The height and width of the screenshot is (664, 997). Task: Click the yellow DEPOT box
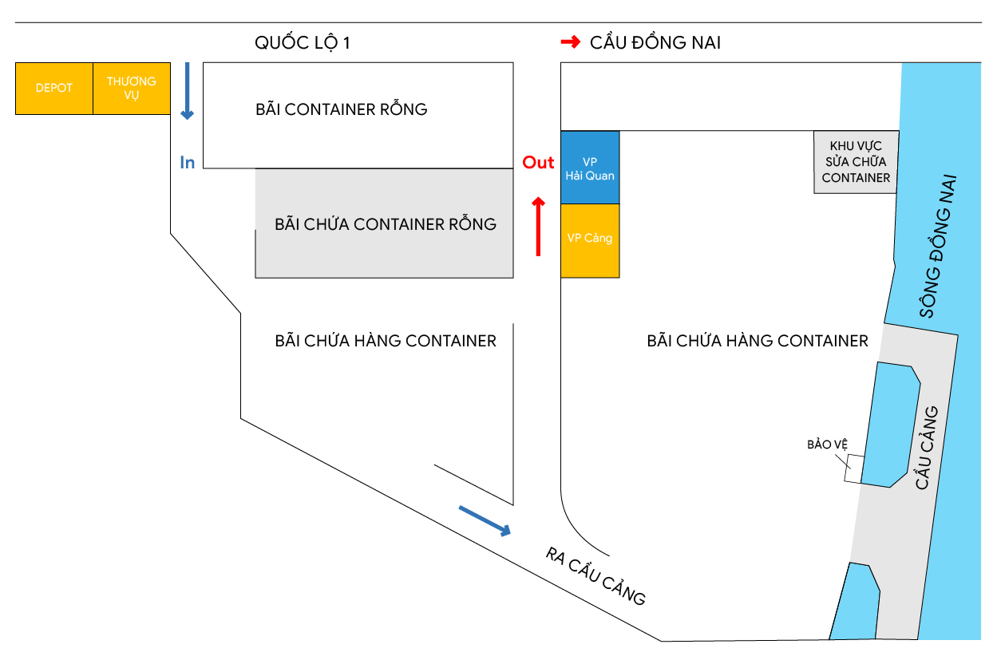[54, 89]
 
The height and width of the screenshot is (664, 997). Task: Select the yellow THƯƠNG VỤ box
[132, 89]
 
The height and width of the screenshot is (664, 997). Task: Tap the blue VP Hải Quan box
[590, 168]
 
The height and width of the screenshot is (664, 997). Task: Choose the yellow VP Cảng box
[590, 241]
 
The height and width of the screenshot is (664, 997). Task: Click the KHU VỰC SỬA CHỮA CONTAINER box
[856, 162]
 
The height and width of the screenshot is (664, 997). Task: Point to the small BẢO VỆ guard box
[853, 468]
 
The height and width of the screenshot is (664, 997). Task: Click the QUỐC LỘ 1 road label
[303, 43]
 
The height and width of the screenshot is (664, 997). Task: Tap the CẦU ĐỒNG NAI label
[655, 42]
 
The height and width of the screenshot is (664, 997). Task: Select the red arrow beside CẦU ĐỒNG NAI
[571, 42]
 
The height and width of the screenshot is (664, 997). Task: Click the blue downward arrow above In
[188, 91]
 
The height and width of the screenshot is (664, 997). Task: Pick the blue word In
[188, 163]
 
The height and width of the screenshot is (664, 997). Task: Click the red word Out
[538, 163]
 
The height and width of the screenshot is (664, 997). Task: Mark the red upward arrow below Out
[539, 227]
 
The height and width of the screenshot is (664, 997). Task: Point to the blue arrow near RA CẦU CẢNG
[485, 521]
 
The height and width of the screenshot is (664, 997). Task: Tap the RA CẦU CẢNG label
[595, 576]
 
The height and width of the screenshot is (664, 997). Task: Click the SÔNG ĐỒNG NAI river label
[938, 246]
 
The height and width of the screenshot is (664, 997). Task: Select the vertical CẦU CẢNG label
[927, 448]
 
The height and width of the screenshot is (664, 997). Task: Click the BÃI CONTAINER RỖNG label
[342, 109]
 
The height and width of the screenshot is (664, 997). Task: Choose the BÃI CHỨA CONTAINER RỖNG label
[386, 224]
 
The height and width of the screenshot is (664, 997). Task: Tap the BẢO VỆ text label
[828, 445]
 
